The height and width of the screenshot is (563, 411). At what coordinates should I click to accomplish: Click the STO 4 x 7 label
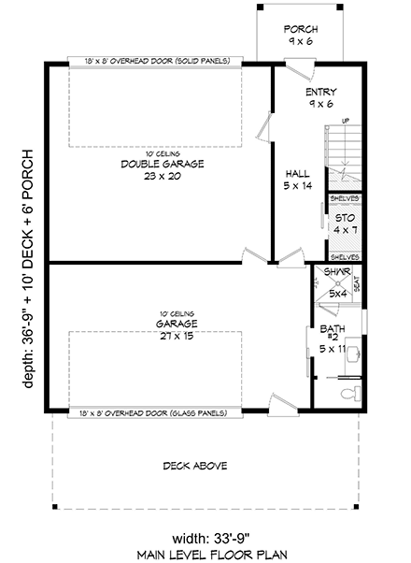click(x=345, y=224)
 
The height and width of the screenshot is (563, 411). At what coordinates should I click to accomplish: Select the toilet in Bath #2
click(x=348, y=393)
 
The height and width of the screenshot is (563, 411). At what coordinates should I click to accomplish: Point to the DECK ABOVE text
click(x=195, y=466)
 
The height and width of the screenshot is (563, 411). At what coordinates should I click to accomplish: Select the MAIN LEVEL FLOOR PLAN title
click(x=205, y=554)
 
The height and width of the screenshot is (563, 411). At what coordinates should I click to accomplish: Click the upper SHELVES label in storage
click(x=345, y=198)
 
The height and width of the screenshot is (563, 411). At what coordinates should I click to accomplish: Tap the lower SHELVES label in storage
click(x=345, y=256)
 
